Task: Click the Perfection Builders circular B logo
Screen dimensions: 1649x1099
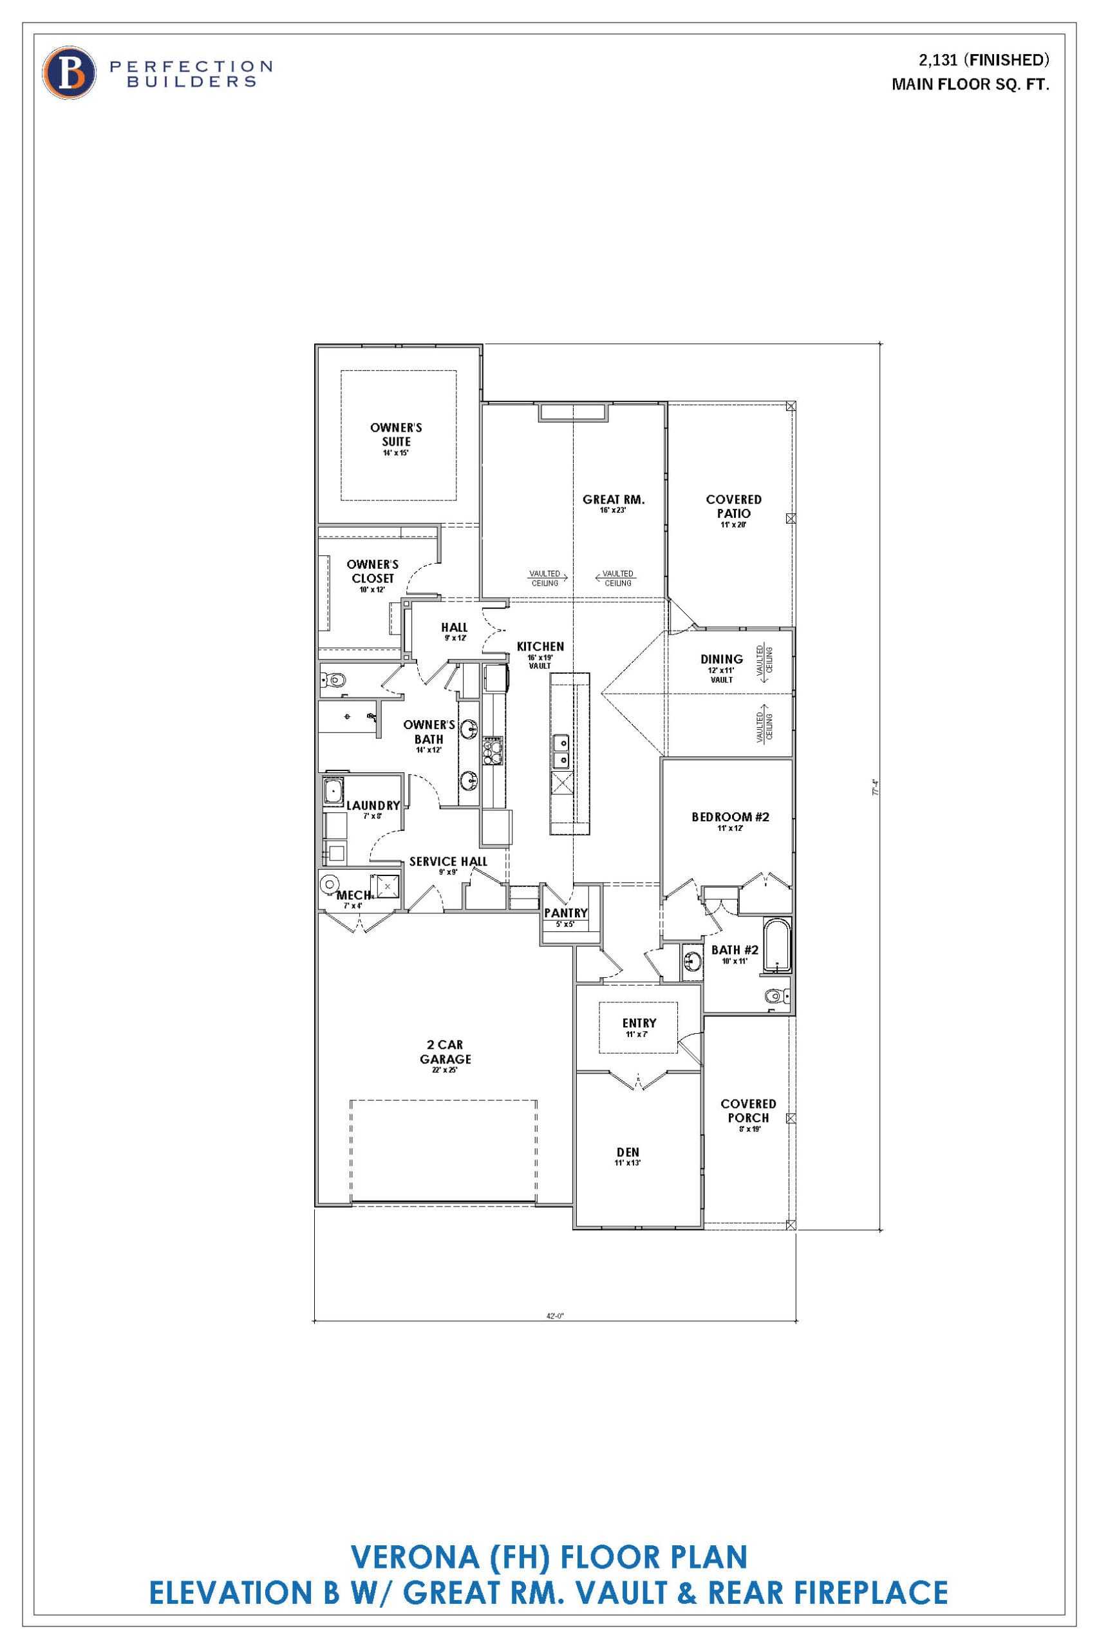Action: coord(69,72)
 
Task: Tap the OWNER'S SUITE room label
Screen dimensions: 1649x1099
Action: coord(396,435)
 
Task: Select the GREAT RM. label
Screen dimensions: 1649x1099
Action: coord(614,500)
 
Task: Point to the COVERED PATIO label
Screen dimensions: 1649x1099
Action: coord(733,506)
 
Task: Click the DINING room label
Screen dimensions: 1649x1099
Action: coord(721,659)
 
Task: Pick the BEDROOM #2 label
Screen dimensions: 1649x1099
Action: coord(730,817)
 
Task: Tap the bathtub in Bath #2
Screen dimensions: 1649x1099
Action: coord(776,946)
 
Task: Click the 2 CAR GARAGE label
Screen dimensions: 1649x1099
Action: coord(445,1052)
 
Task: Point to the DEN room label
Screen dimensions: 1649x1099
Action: coord(628,1152)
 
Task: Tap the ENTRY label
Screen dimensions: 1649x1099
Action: coord(639,1024)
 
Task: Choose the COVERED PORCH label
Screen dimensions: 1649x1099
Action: coord(748,1110)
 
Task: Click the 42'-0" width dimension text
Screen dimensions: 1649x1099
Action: coord(555,1316)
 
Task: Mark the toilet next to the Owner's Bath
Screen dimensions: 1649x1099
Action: coord(334,680)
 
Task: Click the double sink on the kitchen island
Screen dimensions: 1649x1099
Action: coord(561,751)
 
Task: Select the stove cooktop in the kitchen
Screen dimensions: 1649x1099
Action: coord(493,750)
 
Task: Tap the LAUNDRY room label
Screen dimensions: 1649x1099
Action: coord(373,806)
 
